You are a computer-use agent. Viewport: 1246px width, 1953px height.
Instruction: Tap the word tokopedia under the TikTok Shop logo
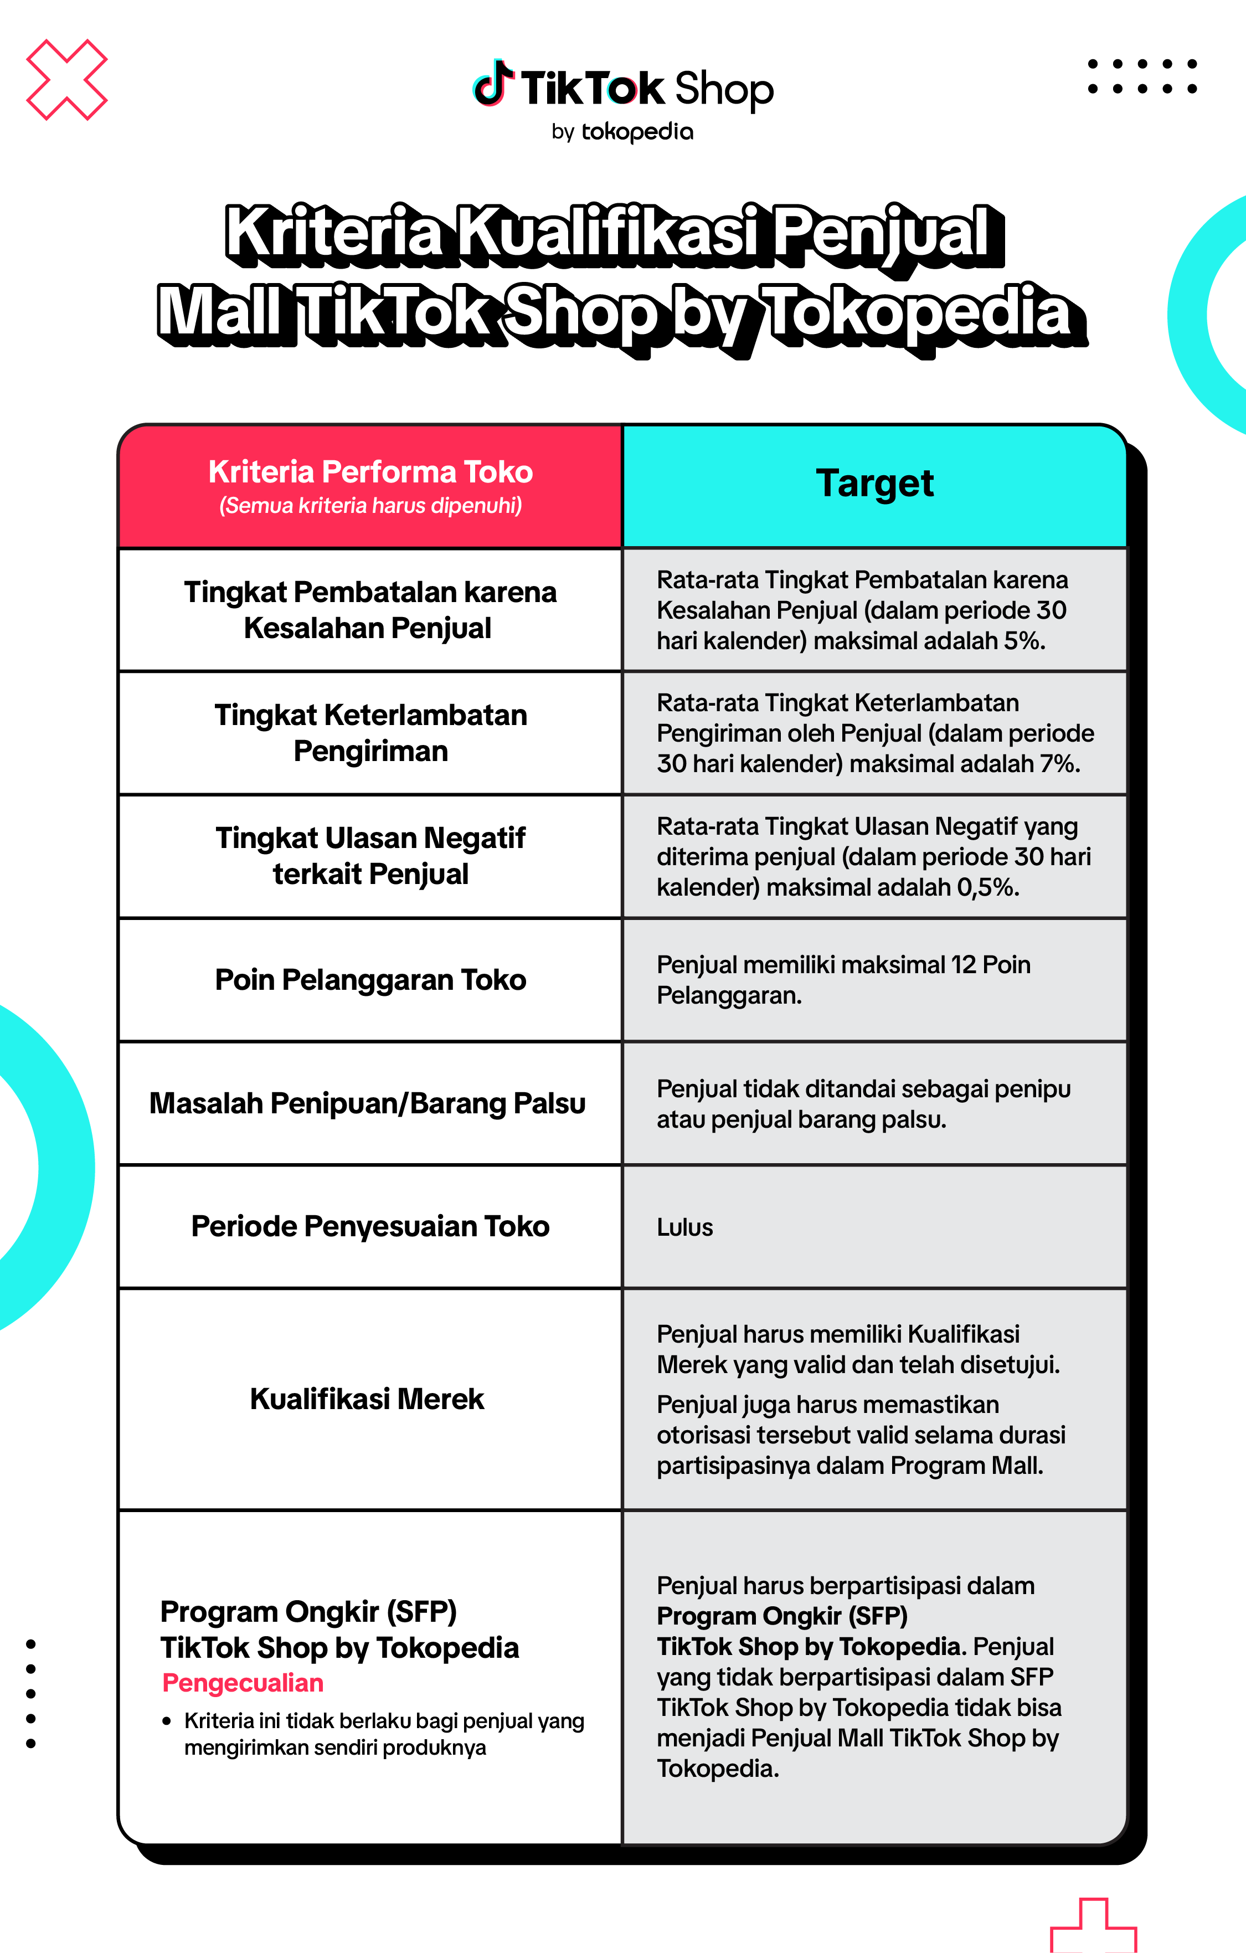pos(637,131)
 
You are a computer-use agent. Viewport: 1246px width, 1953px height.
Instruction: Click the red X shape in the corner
pos(66,80)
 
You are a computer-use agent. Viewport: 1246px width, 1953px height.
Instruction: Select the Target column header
pos(874,484)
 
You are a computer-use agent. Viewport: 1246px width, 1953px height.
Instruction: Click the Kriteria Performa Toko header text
pos(370,472)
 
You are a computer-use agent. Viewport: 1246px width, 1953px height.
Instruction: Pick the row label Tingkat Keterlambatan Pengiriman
pos(370,732)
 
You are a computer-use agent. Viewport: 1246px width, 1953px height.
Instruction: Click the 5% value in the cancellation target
pos(1022,641)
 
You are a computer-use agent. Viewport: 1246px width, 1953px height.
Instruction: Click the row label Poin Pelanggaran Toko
pos(370,980)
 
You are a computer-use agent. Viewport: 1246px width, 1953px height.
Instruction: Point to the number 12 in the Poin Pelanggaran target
pos(962,965)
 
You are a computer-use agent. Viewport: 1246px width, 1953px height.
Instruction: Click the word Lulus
pos(685,1227)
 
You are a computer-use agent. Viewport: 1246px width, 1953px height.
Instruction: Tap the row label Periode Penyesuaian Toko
pos(370,1226)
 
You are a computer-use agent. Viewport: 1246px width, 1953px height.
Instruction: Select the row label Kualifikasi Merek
pos(367,1399)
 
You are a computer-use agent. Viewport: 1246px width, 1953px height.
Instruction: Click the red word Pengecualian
pos(243,1683)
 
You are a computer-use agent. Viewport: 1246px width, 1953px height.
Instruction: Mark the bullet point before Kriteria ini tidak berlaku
pos(166,1721)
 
